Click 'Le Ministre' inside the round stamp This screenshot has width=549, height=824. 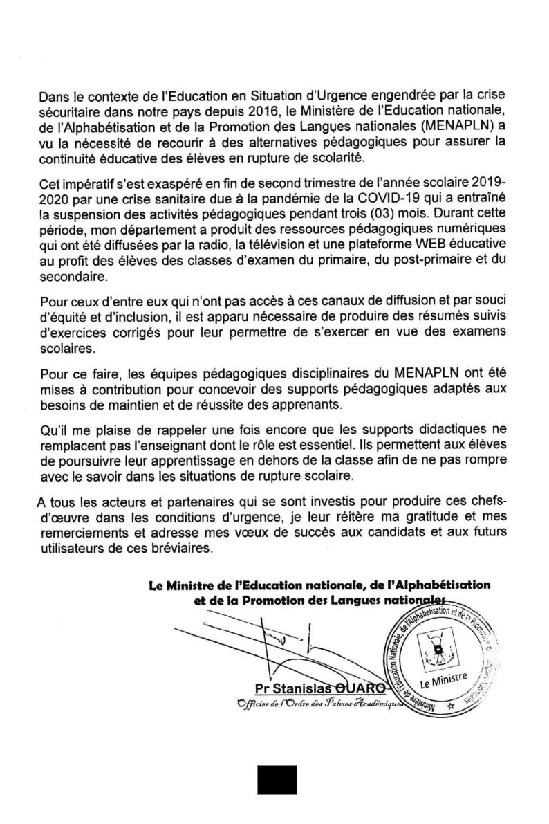(443, 677)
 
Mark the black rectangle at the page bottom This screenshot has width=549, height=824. (277, 779)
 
